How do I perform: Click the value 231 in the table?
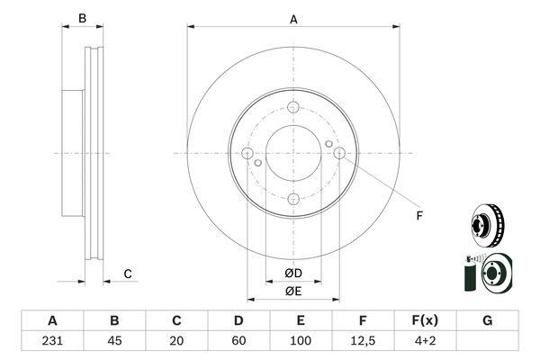[x=52, y=341]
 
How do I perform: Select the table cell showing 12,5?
[x=363, y=341]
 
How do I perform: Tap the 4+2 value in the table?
[x=426, y=341]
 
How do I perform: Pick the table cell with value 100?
[x=301, y=341]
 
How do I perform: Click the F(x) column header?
[x=426, y=320]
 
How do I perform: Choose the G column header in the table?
[x=487, y=320]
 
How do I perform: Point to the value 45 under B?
[x=114, y=341]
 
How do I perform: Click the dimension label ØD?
[x=293, y=274]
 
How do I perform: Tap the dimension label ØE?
[x=293, y=292]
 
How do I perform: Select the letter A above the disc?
[x=293, y=20]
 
